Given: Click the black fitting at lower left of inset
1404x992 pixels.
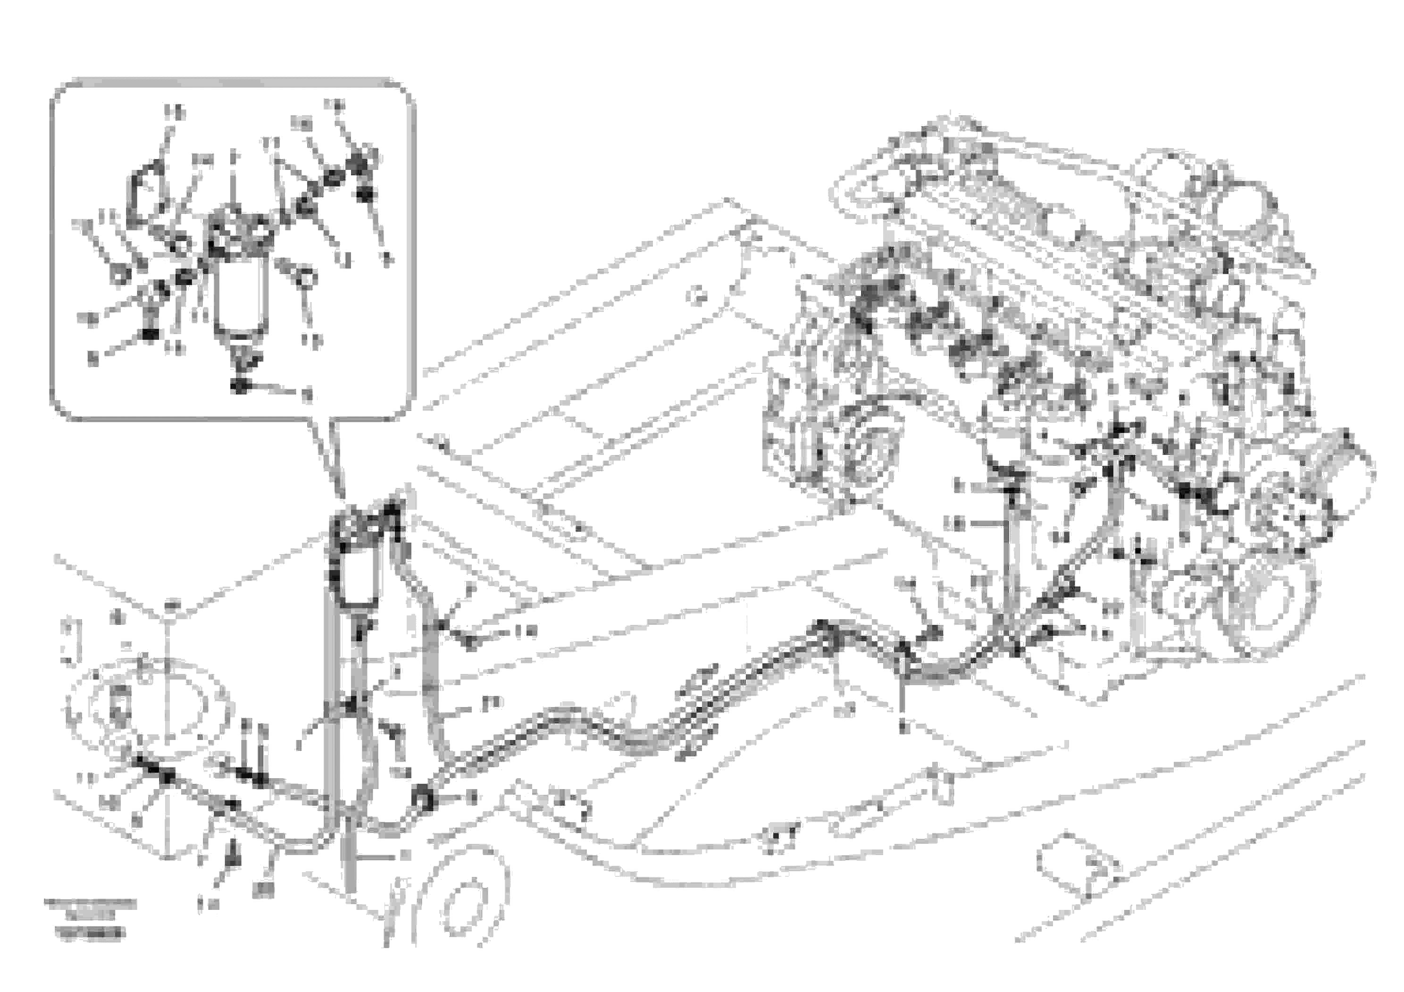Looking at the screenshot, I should click(x=149, y=333).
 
